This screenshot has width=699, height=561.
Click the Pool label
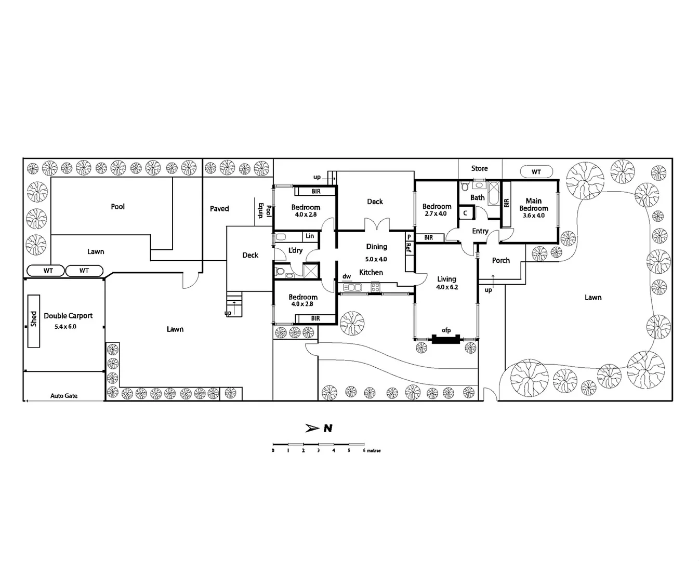[118, 207]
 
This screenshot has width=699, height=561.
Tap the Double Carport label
[68, 316]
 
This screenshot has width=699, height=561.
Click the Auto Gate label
[64, 396]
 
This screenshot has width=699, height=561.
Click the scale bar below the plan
[318, 445]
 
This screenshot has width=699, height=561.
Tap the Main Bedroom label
[533, 205]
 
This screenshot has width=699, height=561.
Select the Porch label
[501, 261]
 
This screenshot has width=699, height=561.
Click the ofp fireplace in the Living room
[446, 339]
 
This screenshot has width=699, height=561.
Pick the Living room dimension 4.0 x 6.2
[447, 287]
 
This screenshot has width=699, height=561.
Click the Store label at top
[479, 168]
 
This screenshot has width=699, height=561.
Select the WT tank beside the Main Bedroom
[536, 172]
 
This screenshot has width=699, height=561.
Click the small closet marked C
[465, 213]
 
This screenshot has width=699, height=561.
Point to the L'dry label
[295, 250]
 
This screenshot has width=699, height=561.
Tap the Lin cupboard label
[310, 236]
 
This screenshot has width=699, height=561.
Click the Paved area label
[219, 209]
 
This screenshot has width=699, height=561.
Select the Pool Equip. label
[265, 210]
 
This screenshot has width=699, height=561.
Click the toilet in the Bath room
[465, 185]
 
